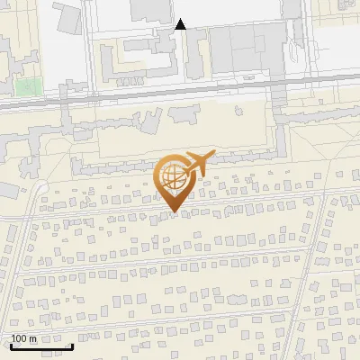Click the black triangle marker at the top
click(x=181, y=24)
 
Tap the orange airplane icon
click(x=197, y=163)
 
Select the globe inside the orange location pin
click(x=174, y=177)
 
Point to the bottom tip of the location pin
click(x=174, y=212)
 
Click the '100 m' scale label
click(x=23, y=338)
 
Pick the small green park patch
click(x=28, y=87)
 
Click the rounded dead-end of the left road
click(x=41, y=186)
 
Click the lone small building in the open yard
click(x=238, y=112)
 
